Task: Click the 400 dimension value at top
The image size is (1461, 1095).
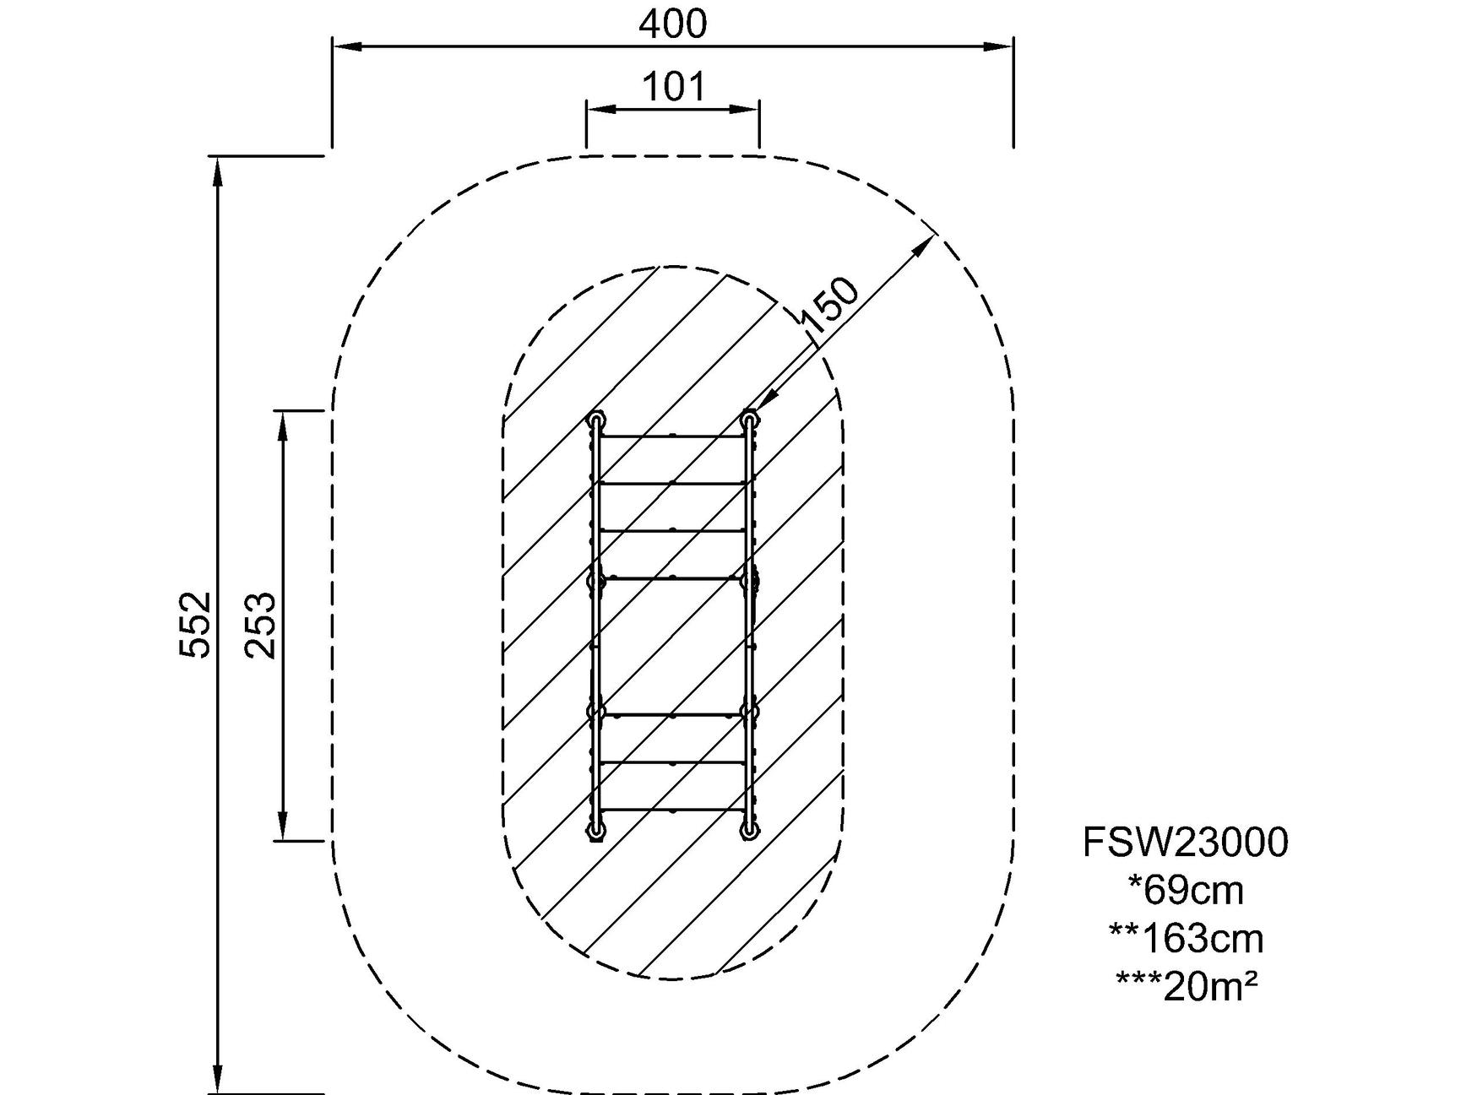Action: (x=672, y=24)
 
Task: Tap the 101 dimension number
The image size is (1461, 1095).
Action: (x=673, y=86)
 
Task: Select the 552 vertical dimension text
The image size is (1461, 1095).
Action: (x=195, y=624)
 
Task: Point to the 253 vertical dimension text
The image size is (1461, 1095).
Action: (x=260, y=625)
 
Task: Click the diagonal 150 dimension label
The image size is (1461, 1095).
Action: (x=829, y=305)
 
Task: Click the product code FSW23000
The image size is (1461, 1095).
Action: (x=1185, y=843)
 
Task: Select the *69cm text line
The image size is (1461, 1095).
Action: (x=1185, y=890)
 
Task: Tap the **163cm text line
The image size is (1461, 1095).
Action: (x=1185, y=938)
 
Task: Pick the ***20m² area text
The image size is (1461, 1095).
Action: (x=1185, y=985)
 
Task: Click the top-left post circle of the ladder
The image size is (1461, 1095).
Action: (x=597, y=419)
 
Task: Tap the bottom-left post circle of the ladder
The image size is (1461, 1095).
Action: (x=597, y=832)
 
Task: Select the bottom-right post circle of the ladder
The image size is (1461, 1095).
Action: (x=749, y=832)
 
